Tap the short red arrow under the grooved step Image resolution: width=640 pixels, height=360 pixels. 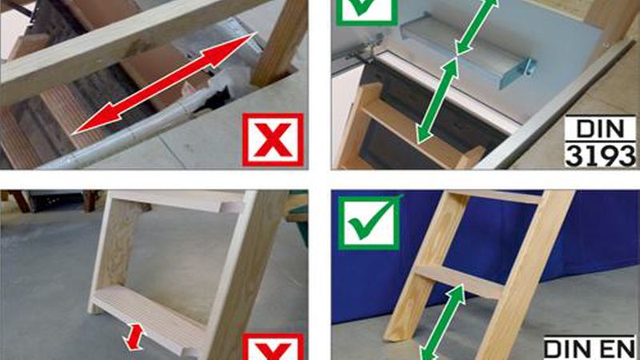[134, 337]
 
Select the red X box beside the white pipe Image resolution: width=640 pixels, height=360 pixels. [273, 140]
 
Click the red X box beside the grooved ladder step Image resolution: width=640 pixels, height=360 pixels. [273, 347]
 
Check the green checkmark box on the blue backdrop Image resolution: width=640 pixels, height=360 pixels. [369, 222]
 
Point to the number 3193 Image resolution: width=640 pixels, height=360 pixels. [601, 155]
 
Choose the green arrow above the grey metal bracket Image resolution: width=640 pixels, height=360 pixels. [477, 27]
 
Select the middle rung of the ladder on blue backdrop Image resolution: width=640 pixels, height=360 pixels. [459, 282]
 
